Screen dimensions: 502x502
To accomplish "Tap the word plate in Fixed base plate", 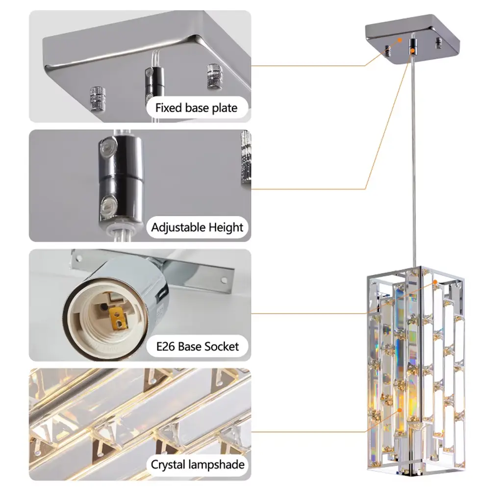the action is tap(225, 108).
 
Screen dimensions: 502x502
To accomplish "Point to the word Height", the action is tap(226, 227).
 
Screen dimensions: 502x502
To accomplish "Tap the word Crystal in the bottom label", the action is tap(168, 465).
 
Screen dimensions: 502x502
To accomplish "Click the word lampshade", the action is tap(216, 465).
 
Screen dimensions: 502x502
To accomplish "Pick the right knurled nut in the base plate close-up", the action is tap(214, 75).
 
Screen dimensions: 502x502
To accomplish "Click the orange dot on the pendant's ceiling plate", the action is tap(400, 40).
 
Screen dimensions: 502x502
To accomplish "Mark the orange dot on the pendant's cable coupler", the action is tap(413, 50).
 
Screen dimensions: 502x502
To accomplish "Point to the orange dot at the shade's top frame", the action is tap(435, 282).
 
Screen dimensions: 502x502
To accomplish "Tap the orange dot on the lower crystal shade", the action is tap(400, 410).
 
